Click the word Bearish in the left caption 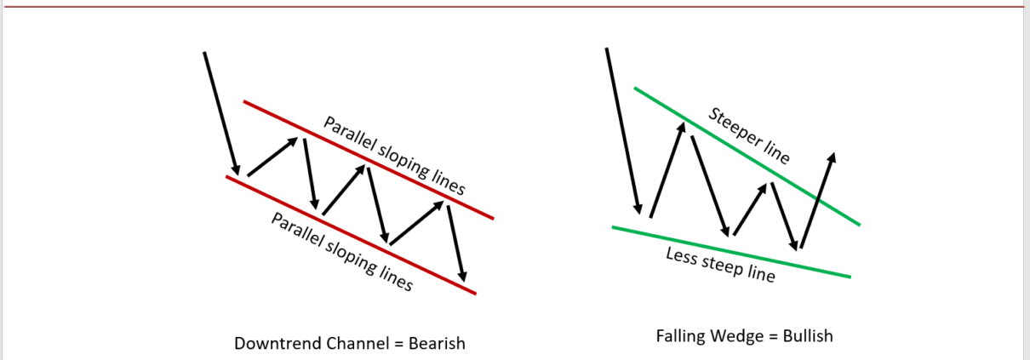(437, 344)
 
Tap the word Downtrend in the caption (272, 344)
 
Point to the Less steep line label (720, 266)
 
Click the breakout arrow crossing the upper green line (817, 200)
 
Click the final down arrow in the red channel (456, 243)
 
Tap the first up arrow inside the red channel (273, 157)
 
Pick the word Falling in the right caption (682, 336)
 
